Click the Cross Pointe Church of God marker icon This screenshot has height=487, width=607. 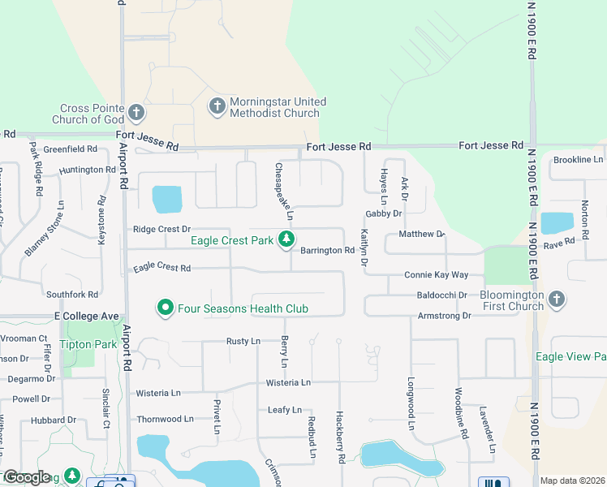coord(136,112)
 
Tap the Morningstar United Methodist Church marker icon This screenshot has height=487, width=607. coord(217,106)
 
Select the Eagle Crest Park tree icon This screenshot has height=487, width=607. coord(286,239)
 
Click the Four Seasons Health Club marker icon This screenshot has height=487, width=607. coord(166,308)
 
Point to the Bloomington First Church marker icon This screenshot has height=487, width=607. coord(557,300)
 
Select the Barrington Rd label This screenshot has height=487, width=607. coord(327,251)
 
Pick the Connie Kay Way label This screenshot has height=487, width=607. coord(437,276)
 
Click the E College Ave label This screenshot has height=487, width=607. coord(87,316)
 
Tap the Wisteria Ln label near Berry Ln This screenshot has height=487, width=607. coord(289,382)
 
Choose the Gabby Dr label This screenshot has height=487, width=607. coord(384,213)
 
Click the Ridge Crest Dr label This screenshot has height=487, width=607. coord(161,230)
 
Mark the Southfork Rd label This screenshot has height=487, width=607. coord(72,295)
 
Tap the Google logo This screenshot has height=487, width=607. coord(27,477)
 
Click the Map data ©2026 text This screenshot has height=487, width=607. coord(571,481)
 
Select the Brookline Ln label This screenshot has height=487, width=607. coord(578,160)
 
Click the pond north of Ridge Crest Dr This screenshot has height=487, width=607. coord(167,199)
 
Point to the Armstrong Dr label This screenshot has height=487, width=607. coord(444,316)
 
